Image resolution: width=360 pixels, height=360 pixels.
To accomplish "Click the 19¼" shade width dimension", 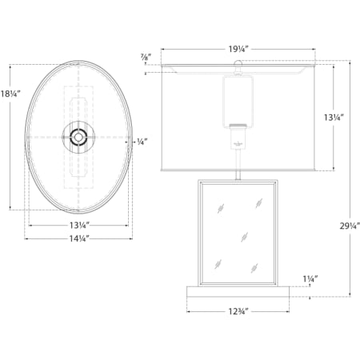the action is [238, 49].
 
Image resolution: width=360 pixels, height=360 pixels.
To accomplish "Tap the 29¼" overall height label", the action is [350, 226].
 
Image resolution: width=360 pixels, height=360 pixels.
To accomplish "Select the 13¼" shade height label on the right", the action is [334, 118].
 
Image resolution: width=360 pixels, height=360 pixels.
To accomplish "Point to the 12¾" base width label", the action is [238, 311].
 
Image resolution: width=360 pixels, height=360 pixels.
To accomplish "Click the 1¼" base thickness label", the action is [310, 279].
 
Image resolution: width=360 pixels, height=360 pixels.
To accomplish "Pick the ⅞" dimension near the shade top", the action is [146, 56].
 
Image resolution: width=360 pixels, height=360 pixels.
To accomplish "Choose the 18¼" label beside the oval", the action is [10, 94].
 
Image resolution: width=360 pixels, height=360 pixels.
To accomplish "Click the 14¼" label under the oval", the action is [79, 238].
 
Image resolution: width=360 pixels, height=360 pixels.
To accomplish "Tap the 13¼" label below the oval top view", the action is [79, 226].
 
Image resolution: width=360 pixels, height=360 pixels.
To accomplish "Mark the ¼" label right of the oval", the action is [142, 142].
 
